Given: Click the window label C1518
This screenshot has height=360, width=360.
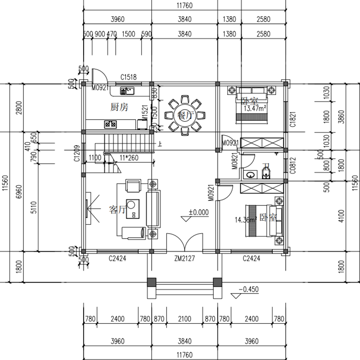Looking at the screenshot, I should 128,77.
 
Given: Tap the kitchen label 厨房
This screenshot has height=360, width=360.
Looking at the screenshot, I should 120,107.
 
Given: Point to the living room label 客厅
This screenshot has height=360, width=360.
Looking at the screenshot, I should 118,210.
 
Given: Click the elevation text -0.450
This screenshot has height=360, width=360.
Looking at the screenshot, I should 249,289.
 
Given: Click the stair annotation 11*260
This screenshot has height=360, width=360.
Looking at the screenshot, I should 129,158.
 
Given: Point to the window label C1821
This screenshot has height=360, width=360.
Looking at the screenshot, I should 292,120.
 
